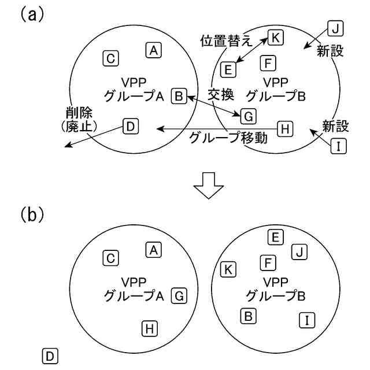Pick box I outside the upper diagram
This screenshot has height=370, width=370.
pos(338,146)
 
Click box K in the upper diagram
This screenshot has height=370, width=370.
pos(275,38)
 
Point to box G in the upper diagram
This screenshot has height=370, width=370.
pos(247,116)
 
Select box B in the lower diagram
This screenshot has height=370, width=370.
pos(247,316)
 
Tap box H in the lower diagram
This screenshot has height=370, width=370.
pos(149,328)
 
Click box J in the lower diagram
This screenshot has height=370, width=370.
pos(298,251)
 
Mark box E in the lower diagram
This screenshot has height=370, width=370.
pos(276,236)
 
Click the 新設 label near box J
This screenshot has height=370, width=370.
pos(330,51)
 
